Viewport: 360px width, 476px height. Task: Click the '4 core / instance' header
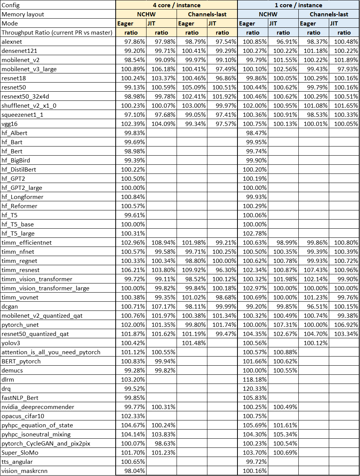[177, 5]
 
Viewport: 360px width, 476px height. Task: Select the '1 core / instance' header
[298, 5]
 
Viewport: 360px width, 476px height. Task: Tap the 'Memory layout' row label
[23, 14]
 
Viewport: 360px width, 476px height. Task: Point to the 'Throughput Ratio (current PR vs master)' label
[57, 32]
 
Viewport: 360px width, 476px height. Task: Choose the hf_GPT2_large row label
[22, 188]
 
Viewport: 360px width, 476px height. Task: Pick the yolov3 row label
[11, 343]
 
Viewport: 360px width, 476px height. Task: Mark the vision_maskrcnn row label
[24, 471]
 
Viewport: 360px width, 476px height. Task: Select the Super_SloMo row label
[20, 452]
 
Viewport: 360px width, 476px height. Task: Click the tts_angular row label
[17, 462]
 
